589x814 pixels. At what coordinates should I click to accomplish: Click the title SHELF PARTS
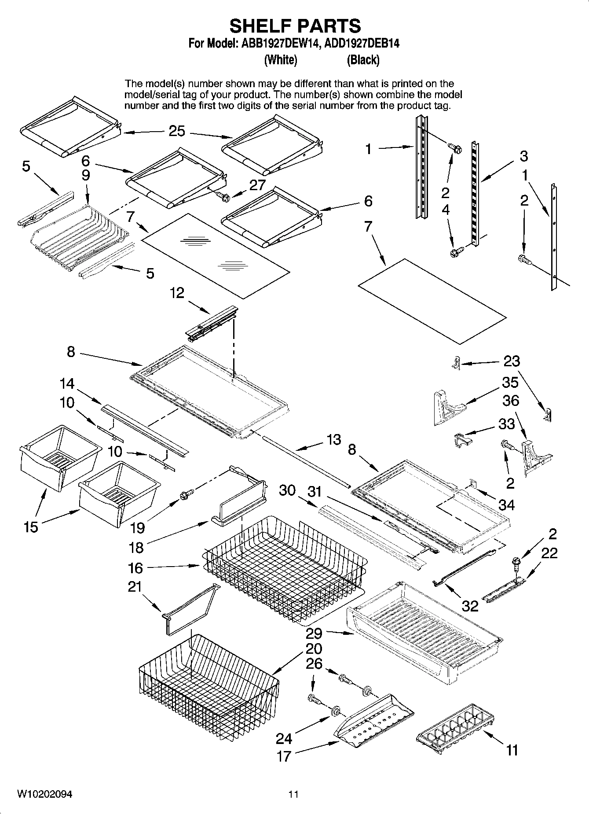[x=295, y=26]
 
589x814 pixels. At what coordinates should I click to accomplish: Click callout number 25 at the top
[x=177, y=131]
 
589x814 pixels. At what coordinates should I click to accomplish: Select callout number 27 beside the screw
[x=257, y=185]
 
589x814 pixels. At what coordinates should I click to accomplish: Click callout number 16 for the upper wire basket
[x=135, y=568]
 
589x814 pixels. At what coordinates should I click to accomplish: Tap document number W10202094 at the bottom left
[x=44, y=794]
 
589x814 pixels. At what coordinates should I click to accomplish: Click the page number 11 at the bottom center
[x=293, y=794]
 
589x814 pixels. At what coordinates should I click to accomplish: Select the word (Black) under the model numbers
[x=363, y=60]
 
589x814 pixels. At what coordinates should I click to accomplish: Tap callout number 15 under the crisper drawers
[x=31, y=527]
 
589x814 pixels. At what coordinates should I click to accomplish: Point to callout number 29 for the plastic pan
[x=315, y=633]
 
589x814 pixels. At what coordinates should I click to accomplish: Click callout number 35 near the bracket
[x=510, y=382]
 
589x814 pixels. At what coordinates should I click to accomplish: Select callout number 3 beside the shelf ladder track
[x=523, y=156]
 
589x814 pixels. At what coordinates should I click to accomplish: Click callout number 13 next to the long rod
[x=334, y=439]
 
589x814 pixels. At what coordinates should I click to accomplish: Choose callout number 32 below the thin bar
[x=470, y=606]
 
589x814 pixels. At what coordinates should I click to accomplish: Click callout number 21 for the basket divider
[x=135, y=586]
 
